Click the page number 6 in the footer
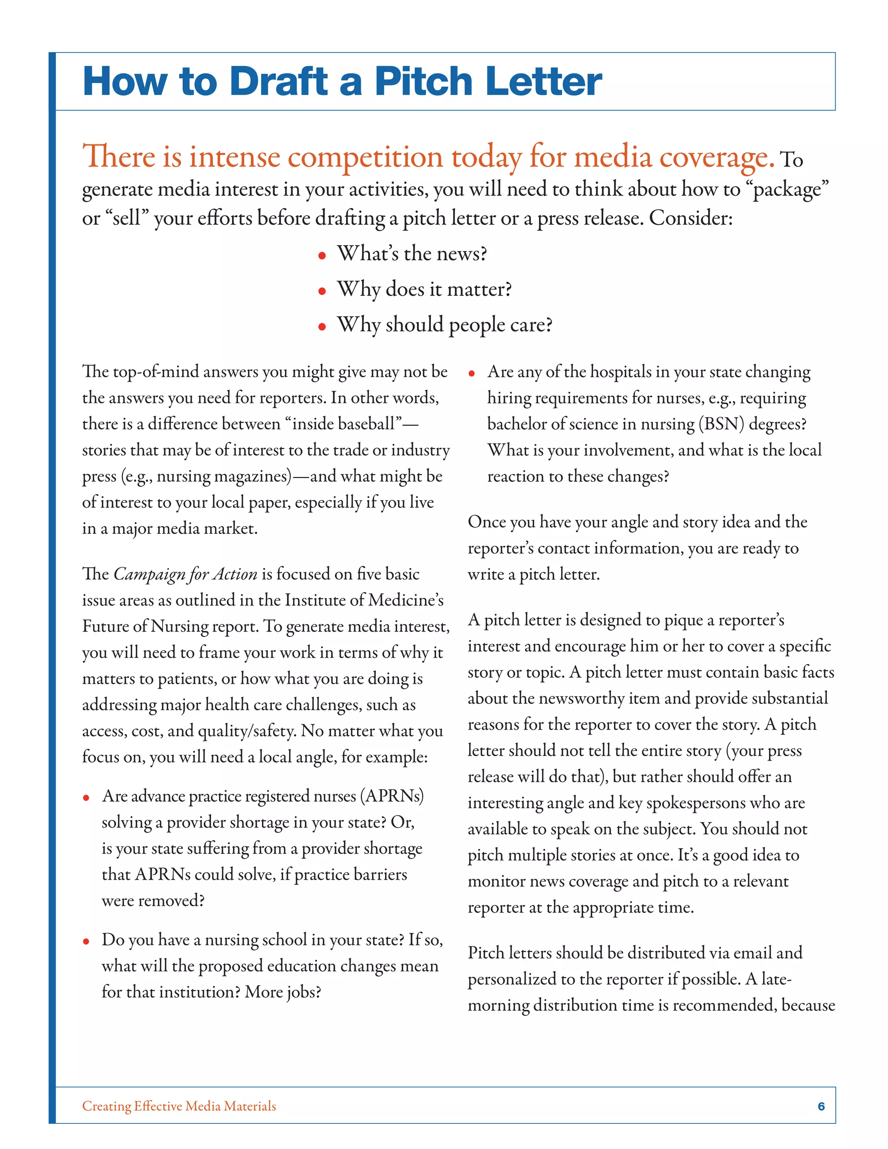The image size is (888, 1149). coord(821,1106)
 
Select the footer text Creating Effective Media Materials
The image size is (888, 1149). coord(179,1106)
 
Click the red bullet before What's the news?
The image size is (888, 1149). coord(322,256)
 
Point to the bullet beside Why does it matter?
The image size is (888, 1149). coord(322,291)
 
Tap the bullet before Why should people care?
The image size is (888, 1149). coord(322,327)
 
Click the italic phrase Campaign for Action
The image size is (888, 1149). coord(185,574)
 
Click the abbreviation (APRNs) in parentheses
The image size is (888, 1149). coord(392,796)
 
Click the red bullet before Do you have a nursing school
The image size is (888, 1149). coord(86,942)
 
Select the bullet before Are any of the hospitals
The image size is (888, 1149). coord(472,373)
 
